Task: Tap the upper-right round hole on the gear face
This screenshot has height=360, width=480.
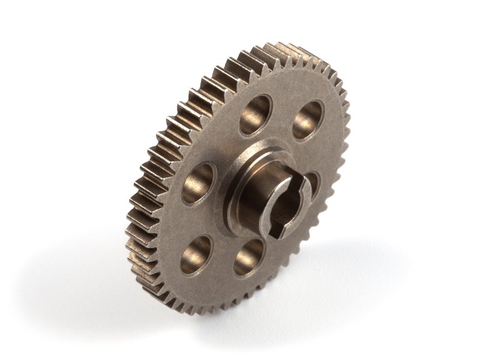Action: [x=308, y=119]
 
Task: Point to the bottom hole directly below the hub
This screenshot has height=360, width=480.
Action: [x=248, y=257]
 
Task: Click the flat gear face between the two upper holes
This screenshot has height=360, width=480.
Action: [x=282, y=111]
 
